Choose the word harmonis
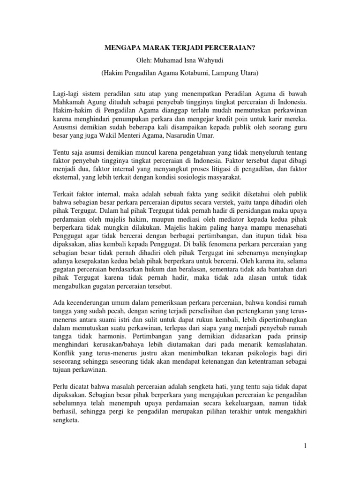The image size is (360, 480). click(x=109, y=337)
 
